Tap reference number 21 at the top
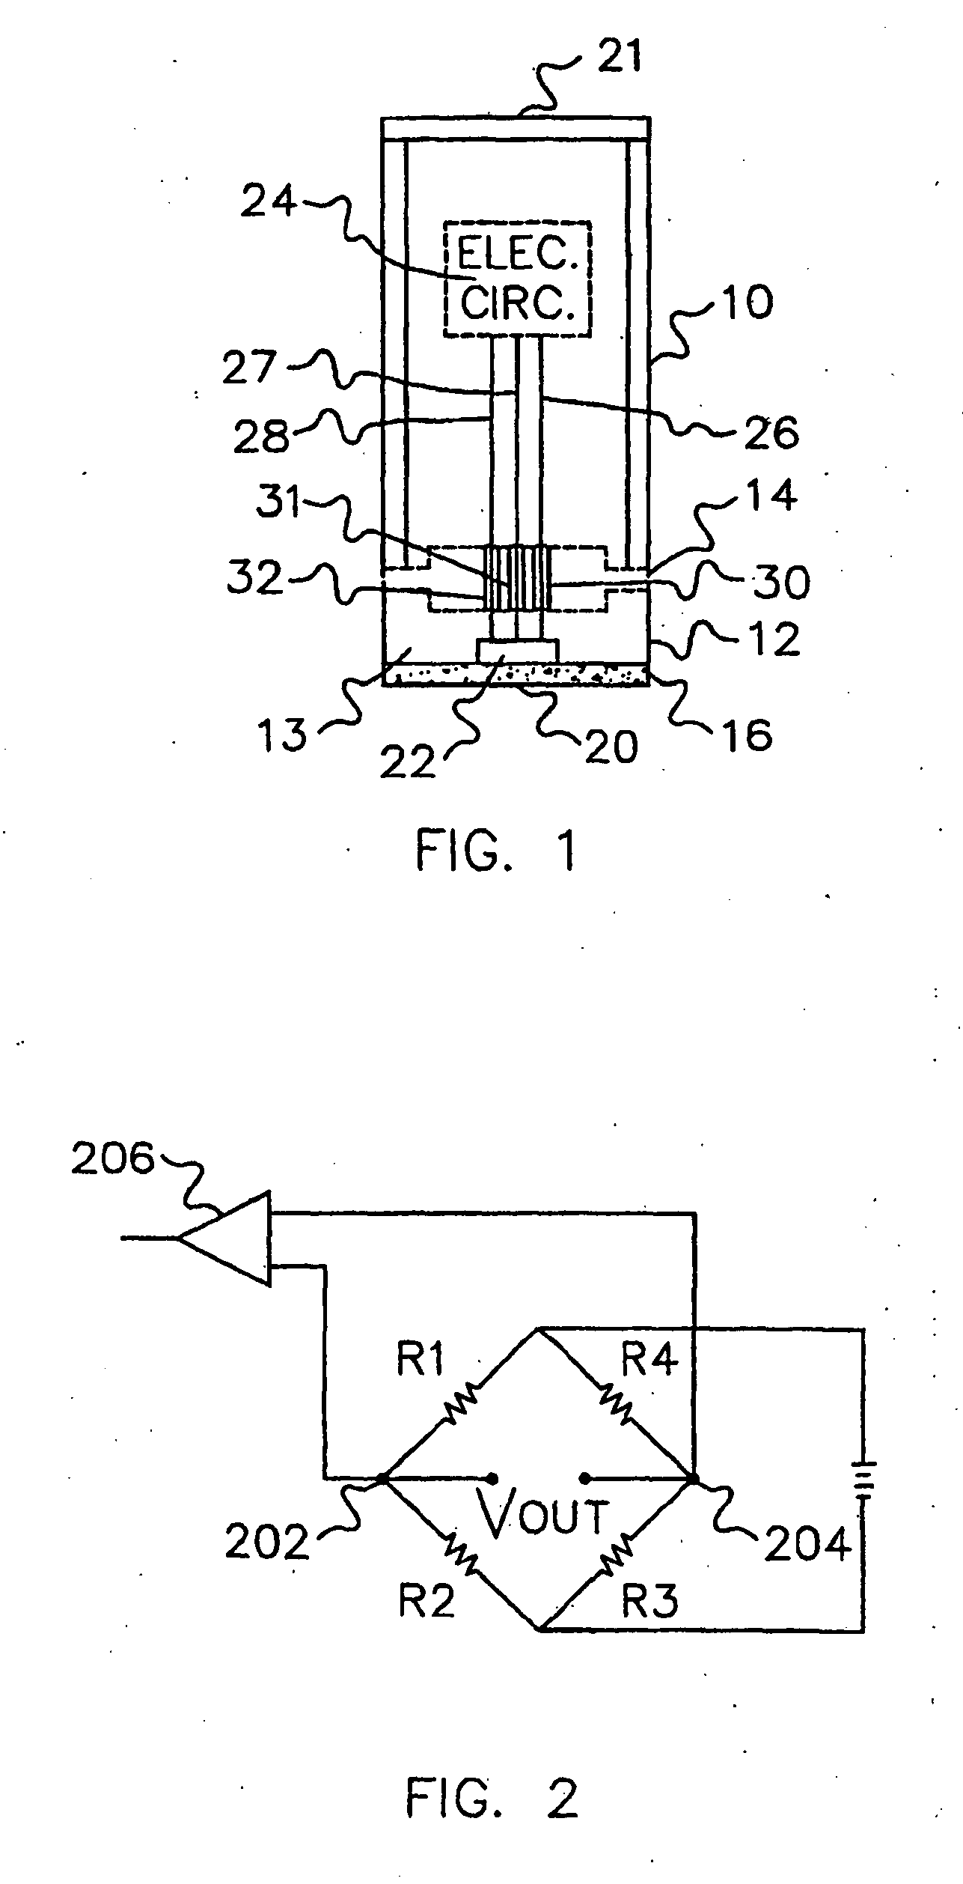pos(619,58)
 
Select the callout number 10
pos(748,303)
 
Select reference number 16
pos(748,735)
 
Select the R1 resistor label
pos(421,1359)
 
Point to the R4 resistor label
pos(649,1359)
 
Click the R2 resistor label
pos(427,1600)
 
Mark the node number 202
pos(267,1543)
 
